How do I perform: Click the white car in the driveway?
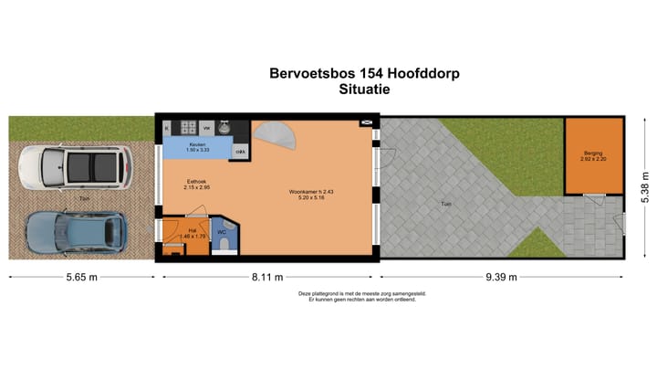click(76, 167)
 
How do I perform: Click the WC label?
click(222, 232)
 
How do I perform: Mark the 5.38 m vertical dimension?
click(645, 192)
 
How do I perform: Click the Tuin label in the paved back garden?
click(445, 204)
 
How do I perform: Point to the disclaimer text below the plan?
click(362, 297)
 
